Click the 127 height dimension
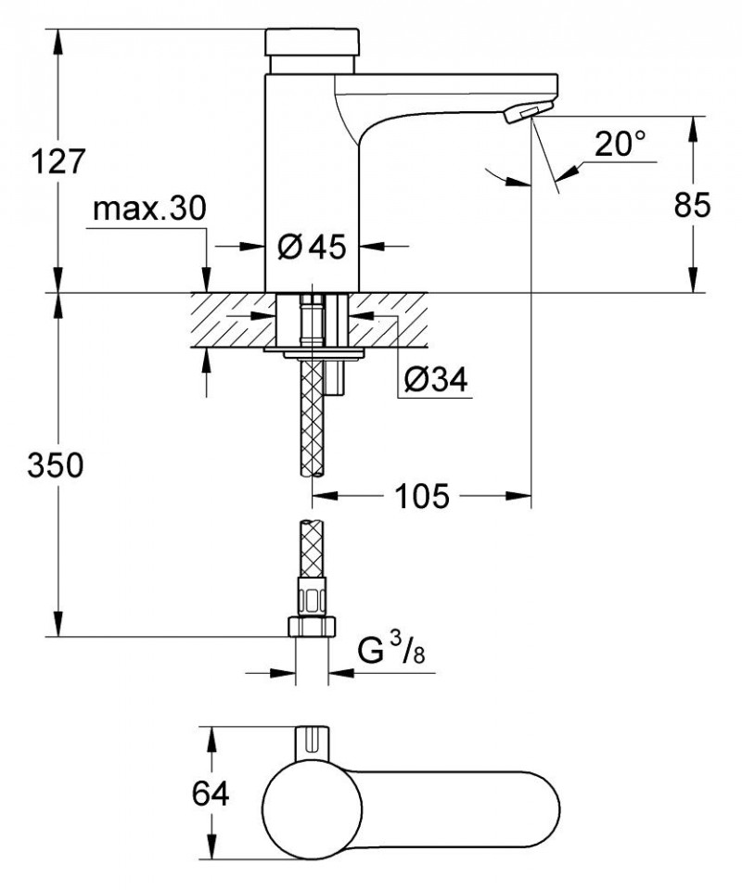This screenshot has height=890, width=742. coord(58,161)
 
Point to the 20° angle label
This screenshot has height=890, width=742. coord(620,144)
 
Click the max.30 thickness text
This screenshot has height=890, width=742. coord(148,210)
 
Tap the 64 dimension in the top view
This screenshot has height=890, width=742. coord(211,795)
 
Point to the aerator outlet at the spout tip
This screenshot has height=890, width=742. coord(521,114)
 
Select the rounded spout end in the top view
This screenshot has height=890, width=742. coord(538,803)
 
